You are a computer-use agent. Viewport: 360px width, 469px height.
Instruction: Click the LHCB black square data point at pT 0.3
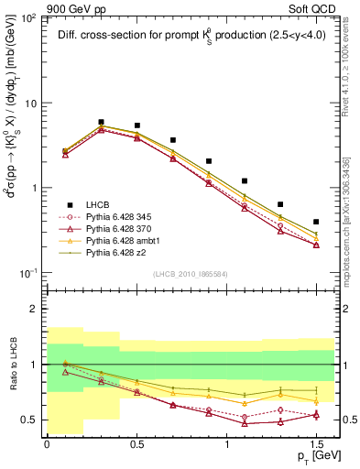tap(101, 122)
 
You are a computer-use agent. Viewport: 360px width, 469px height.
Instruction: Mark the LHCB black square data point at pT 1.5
tap(316, 222)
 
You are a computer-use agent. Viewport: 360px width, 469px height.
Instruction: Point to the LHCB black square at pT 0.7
tap(172, 140)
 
